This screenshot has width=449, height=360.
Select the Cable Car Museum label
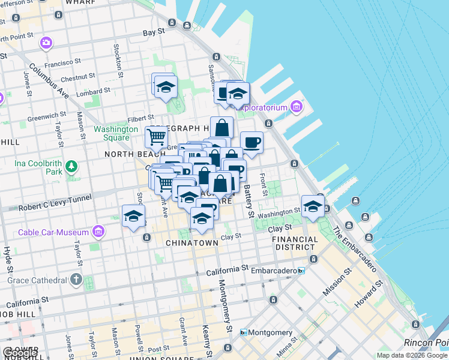[53, 232]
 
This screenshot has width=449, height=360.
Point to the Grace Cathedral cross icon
[76, 279]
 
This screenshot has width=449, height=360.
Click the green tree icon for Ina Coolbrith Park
[71, 165]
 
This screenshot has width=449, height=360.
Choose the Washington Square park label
[116, 133]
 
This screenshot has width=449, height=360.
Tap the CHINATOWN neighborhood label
[192, 243]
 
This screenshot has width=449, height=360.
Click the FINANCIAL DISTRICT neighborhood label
[295, 243]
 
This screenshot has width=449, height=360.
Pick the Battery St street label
[248, 200]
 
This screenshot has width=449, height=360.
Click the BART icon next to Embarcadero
[301, 271]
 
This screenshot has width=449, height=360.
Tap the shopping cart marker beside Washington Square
[156, 137]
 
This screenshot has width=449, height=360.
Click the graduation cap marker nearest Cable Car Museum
[133, 217]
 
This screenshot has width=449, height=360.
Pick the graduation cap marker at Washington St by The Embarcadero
[313, 207]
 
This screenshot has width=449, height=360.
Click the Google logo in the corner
[20, 353]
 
